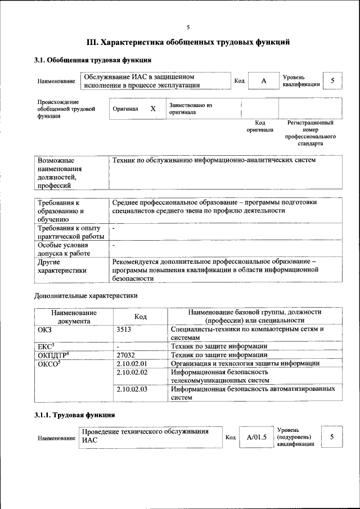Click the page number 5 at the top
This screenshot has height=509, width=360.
pyautogui.click(x=188, y=27)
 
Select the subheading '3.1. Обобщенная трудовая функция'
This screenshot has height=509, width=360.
pyautogui.click(x=92, y=60)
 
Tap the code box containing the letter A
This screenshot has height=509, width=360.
pyautogui.click(x=263, y=81)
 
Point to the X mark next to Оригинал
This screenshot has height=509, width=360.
pyautogui.click(x=152, y=109)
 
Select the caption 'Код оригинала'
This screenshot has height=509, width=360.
pyautogui.click(x=260, y=126)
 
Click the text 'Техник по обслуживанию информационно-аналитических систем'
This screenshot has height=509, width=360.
pyautogui.click(x=214, y=160)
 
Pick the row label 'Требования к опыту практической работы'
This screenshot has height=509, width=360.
pyautogui.click(x=68, y=232)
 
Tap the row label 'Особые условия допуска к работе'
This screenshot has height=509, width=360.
pyautogui.click(x=63, y=249)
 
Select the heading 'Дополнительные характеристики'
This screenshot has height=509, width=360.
pyautogui.click(x=86, y=295)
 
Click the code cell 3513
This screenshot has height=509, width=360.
pyautogui.click(x=124, y=329)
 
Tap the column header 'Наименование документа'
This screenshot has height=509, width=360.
pyautogui.click(x=74, y=317)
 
